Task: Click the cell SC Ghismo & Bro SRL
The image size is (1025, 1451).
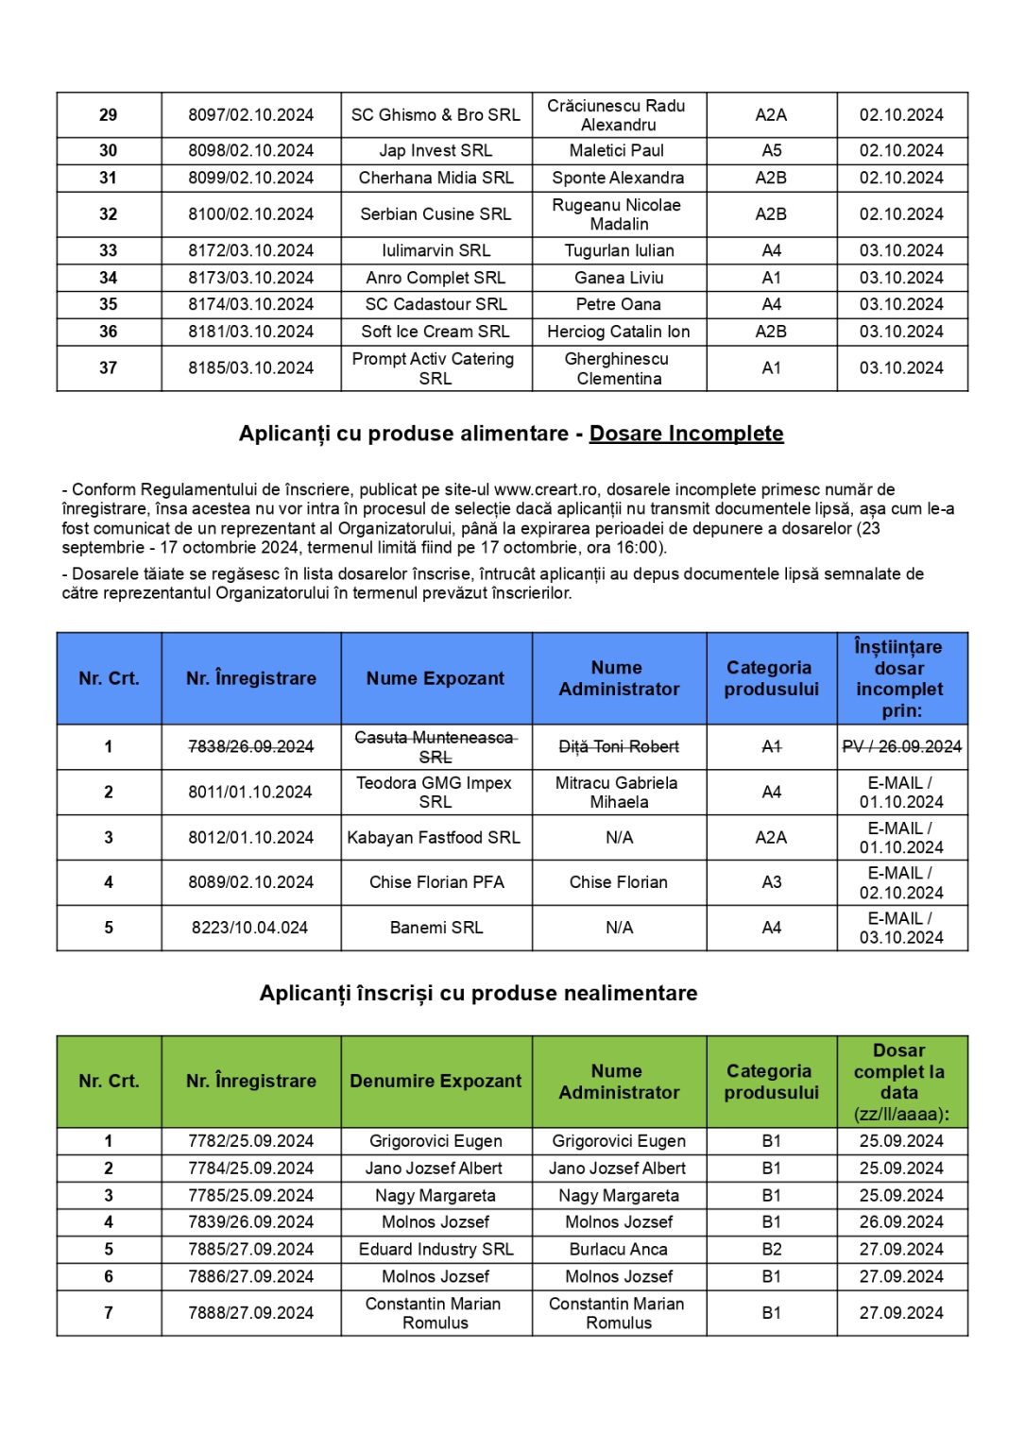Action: point(436,115)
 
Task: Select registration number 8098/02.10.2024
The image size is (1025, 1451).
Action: point(250,150)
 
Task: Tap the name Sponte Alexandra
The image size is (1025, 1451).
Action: point(618,178)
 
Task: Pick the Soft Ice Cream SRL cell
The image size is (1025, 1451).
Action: point(436,332)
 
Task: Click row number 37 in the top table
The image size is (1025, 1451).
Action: point(109,367)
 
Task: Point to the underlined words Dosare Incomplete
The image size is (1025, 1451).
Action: point(686,434)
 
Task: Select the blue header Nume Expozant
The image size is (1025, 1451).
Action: point(436,678)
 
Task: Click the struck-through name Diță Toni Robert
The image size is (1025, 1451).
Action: point(619,746)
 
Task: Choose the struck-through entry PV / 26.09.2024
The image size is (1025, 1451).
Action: point(901,746)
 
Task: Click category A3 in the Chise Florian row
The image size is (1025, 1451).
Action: point(772,882)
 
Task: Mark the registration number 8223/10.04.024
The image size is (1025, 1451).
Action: point(250,928)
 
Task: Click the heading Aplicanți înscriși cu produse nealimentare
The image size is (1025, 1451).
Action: point(478,993)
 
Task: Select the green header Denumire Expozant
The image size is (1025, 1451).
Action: point(436,1081)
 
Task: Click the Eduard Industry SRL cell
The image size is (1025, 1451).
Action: point(436,1249)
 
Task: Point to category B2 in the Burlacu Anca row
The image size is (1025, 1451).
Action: point(772,1249)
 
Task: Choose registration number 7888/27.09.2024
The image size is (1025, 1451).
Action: point(250,1312)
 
